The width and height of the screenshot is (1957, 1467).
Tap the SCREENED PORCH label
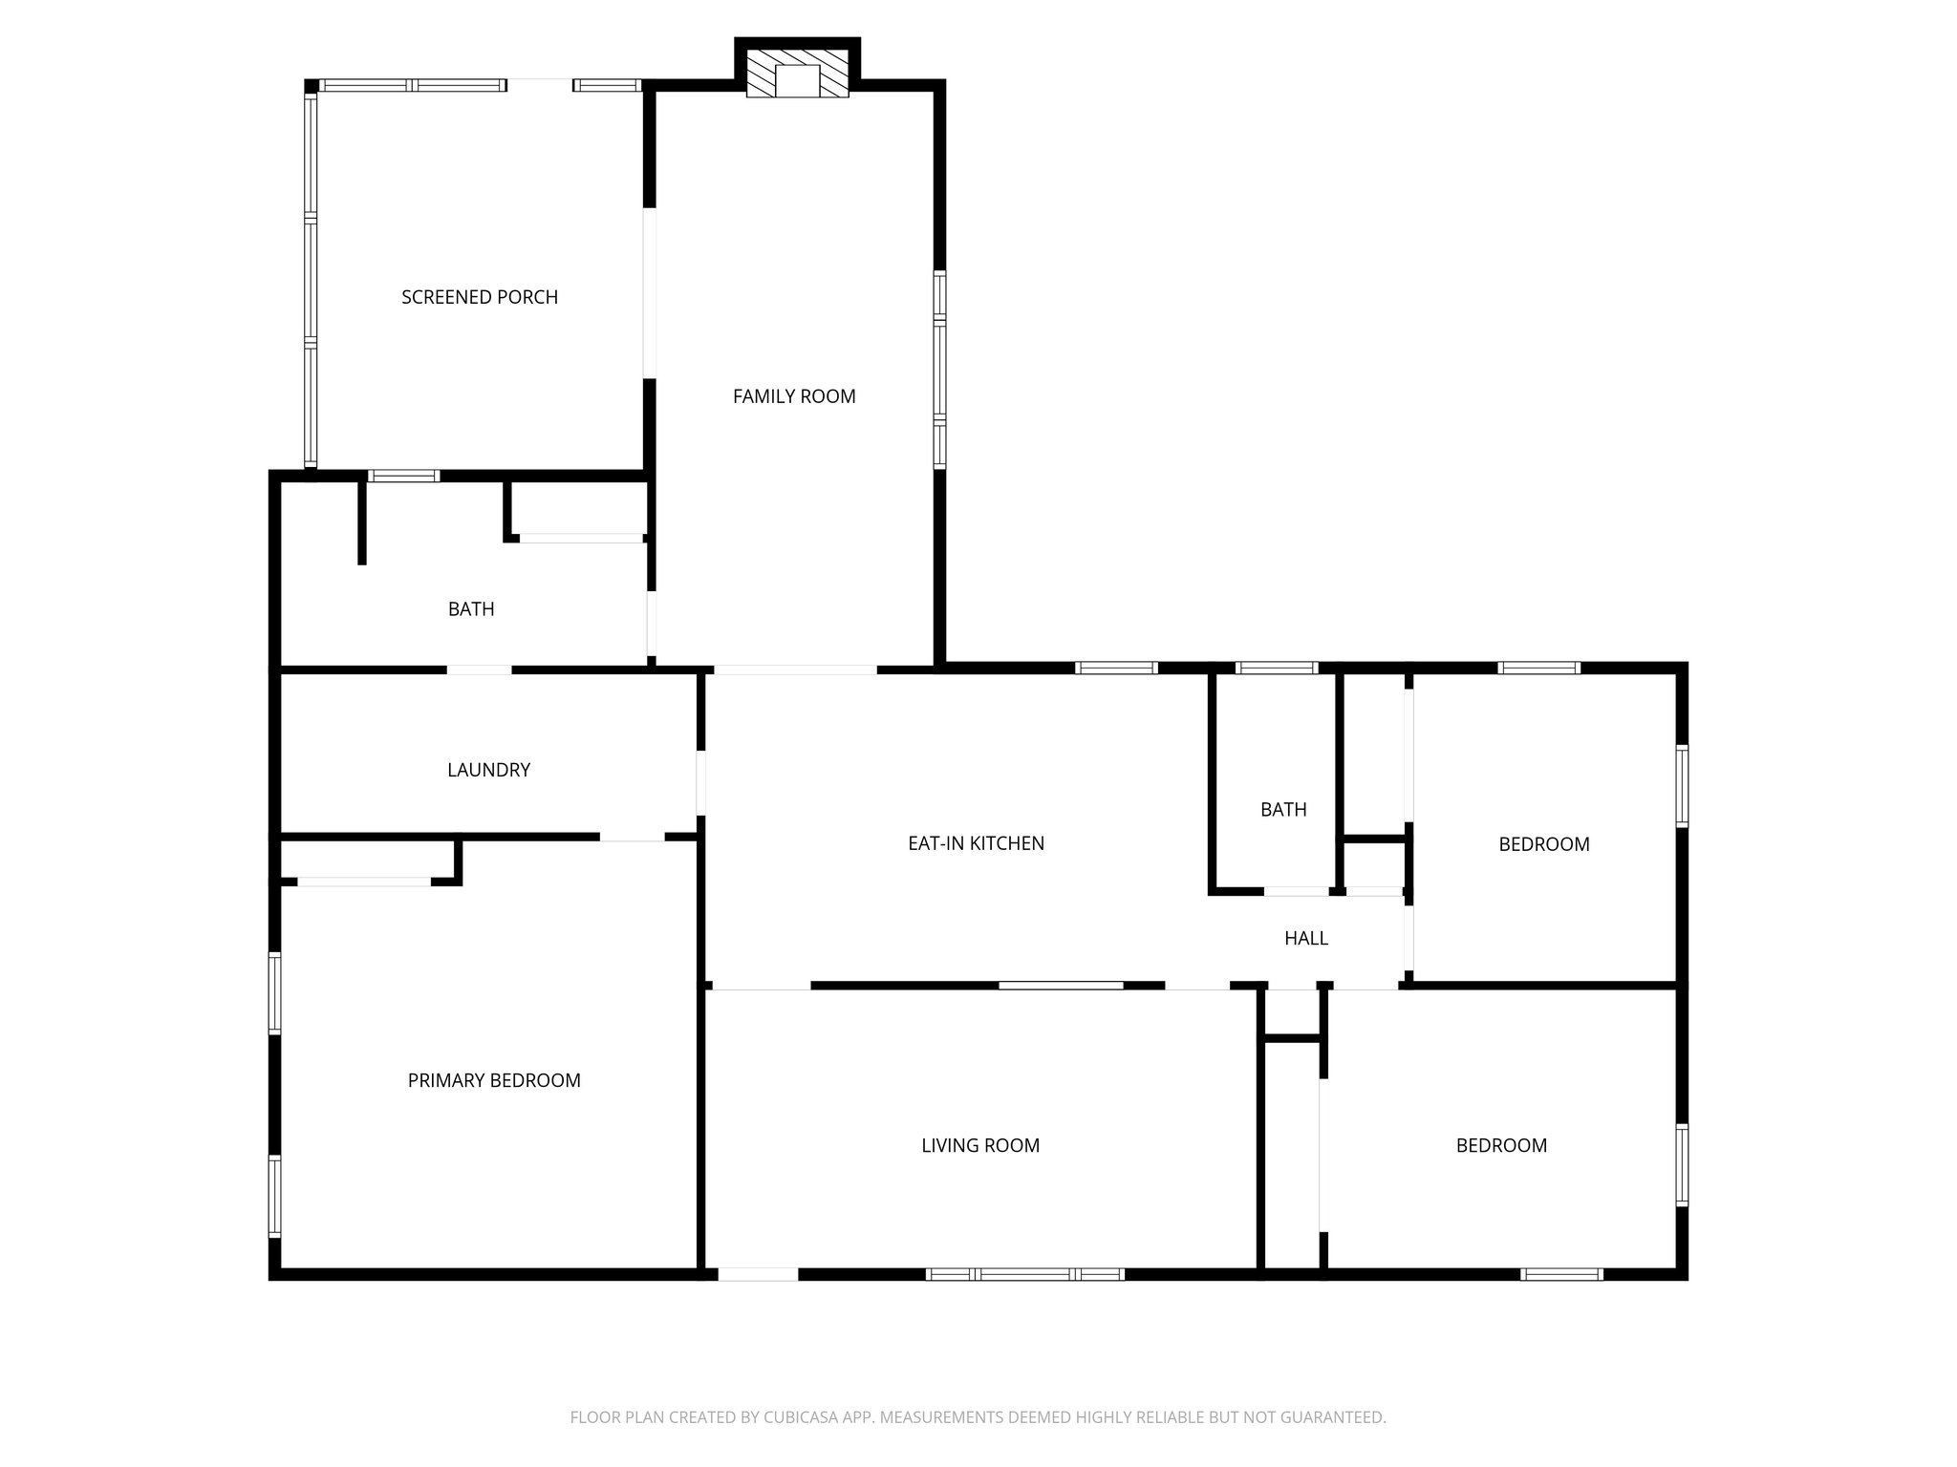[x=480, y=297]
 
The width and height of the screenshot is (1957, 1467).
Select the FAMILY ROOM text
[x=794, y=396]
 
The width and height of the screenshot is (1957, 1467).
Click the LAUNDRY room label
[x=488, y=770]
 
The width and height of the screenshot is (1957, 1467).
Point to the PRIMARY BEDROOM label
[x=494, y=1080]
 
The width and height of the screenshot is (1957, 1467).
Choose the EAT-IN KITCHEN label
[x=976, y=843]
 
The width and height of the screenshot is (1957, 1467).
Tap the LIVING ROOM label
[x=980, y=1145]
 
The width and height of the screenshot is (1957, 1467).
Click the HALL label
[x=1306, y=938]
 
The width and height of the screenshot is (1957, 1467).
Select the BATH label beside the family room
[x=471, y=609]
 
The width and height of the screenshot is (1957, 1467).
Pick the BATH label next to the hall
[x=1283, y=810]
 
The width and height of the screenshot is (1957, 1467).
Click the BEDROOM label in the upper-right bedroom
[x=1544, y=844]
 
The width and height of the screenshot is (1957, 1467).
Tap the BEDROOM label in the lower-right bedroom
[x=1501, y=1145]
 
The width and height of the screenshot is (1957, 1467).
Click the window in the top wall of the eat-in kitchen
[x=1116, y=669]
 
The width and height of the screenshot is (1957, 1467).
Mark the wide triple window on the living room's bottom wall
[x=1025, y=1274]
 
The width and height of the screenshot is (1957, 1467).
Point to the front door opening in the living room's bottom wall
[x=758, y=1274]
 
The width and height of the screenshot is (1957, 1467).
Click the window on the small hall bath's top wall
[x=1277, y=669]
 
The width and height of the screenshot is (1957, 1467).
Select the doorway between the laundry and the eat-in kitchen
[x=700, y=783]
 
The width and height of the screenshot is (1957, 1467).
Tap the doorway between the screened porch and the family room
[x=650, y=292]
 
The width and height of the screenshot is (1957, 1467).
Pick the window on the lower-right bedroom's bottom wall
[x=1561, y=1274]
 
